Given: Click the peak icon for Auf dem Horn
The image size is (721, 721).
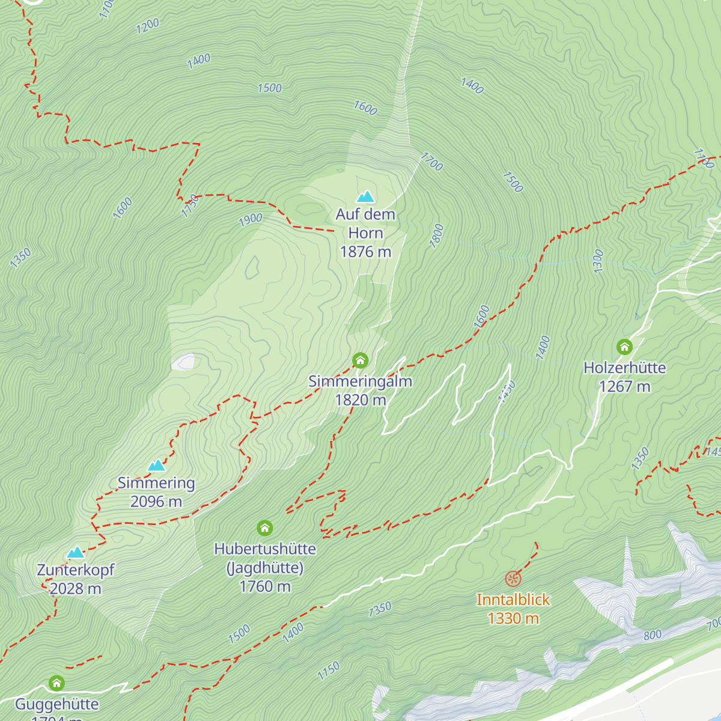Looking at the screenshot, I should (x=365, y=196).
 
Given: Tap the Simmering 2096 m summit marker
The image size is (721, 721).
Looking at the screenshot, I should (x=156, y=465).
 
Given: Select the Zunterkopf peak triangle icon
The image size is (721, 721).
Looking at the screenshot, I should (x=75, y=552).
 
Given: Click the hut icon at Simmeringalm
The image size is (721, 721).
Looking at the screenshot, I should (x=360, y=360).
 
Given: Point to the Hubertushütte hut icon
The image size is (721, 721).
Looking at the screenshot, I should (x=265, y=528).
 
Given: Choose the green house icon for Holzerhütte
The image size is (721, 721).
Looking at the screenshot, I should (x=624, y=347).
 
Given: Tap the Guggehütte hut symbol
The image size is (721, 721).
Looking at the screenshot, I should (x=56, y=683).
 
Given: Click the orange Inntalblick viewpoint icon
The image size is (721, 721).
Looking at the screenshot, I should (x=513, y=579).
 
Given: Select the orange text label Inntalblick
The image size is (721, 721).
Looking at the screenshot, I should (x=513, y=600).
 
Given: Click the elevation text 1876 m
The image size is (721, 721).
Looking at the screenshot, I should (x=365, y=252).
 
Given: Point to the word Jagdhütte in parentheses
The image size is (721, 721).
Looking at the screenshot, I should (x=265, y=568).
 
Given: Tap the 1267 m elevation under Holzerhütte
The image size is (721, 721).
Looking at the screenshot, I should (x=624, y=386).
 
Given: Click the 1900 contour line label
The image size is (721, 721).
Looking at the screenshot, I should (x=251, y=220).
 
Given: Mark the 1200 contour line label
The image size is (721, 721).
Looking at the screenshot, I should (x=148, y=26).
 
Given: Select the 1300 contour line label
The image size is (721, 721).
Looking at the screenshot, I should (x=598, y=261).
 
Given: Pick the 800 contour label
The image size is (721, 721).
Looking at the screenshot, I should (x=653, y=635).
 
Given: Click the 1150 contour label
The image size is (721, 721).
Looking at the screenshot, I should (x=329, y=671).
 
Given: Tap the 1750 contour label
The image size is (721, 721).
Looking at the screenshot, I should (x=190, y=205).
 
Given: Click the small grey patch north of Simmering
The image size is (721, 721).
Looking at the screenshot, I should (x=183, y=362).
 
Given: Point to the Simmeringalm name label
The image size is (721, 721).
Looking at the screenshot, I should (x=360, y=382).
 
